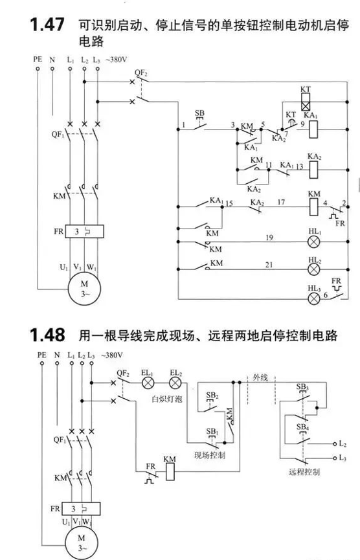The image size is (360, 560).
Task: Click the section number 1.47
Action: click(x=47, y=25)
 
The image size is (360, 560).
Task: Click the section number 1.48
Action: click(x=47, y=335)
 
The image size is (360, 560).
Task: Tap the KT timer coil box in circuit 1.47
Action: click(x=306, y=102)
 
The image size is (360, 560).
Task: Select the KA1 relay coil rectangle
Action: click(x=313, y=129)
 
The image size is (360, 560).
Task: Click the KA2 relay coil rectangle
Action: click(x=313, y=170)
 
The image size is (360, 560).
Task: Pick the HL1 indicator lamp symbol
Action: click(x=314, y=241)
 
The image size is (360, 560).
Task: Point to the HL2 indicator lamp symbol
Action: click(x=314, y=269)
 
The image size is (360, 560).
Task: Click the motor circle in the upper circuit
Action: click(x=84, y=289)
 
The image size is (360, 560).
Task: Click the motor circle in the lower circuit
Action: click(x=82, y=543)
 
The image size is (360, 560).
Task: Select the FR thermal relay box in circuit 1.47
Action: click(x=84, y=231)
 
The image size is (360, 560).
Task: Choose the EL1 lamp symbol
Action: click(x=148, y=383)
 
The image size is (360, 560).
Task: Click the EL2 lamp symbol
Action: click(x=175, y=383)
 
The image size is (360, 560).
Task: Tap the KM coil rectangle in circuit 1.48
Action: click(x=171, y=472)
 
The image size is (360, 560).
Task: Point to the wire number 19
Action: click(x=269, y=237)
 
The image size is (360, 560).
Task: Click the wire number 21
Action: click(x=269, y=265)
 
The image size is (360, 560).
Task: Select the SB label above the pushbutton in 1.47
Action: click(x=199, y=113)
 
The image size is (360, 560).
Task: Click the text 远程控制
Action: click(x=304, y=472)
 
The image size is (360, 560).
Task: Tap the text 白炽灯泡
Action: click(x=167, y=399)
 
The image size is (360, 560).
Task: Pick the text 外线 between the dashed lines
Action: click(x=260, y=377)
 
